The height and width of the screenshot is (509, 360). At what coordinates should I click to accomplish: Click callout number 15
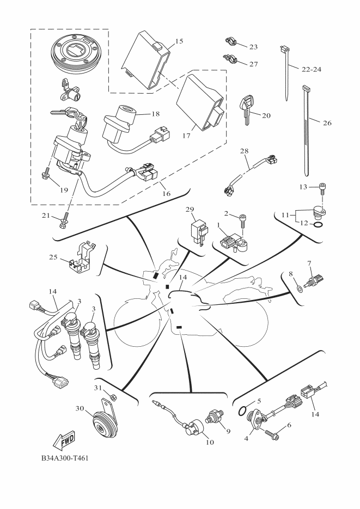179,42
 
